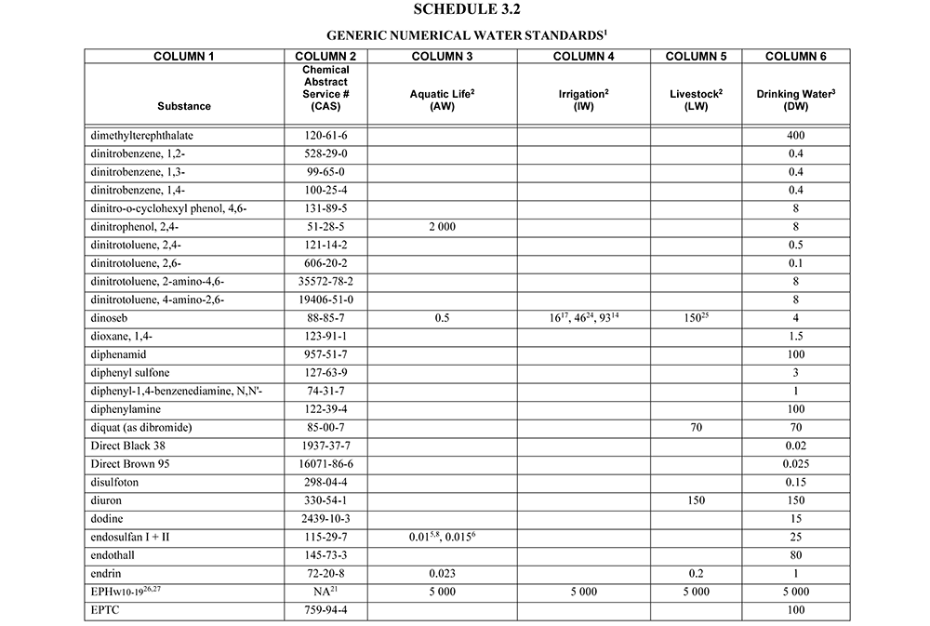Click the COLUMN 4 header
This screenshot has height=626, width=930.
pos(583,57)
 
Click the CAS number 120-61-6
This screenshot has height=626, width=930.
pos(325,136)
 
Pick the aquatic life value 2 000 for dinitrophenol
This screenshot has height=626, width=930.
pos(436,226)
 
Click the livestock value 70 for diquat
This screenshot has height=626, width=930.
pos(697,428)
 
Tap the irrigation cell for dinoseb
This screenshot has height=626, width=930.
pos(583,317)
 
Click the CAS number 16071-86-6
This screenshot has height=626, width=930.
pos(325,464)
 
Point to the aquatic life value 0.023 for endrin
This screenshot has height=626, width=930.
pos(436,573)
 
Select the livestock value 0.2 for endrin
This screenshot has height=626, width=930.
pos(697,573)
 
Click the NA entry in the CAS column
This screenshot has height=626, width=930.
pos(325,591)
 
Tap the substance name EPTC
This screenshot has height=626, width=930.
pos(106,610)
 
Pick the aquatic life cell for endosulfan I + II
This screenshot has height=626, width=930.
pos(436,537)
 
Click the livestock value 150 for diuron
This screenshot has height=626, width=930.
pos(697,500)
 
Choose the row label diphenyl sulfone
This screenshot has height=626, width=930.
pos(129,373)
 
